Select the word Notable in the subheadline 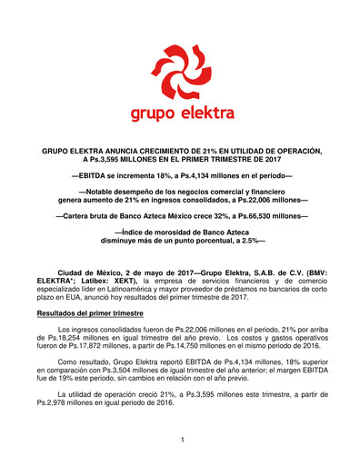tap(106, 192)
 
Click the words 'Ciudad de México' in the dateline tap(88, 272)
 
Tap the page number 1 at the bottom tap(181, 439)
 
